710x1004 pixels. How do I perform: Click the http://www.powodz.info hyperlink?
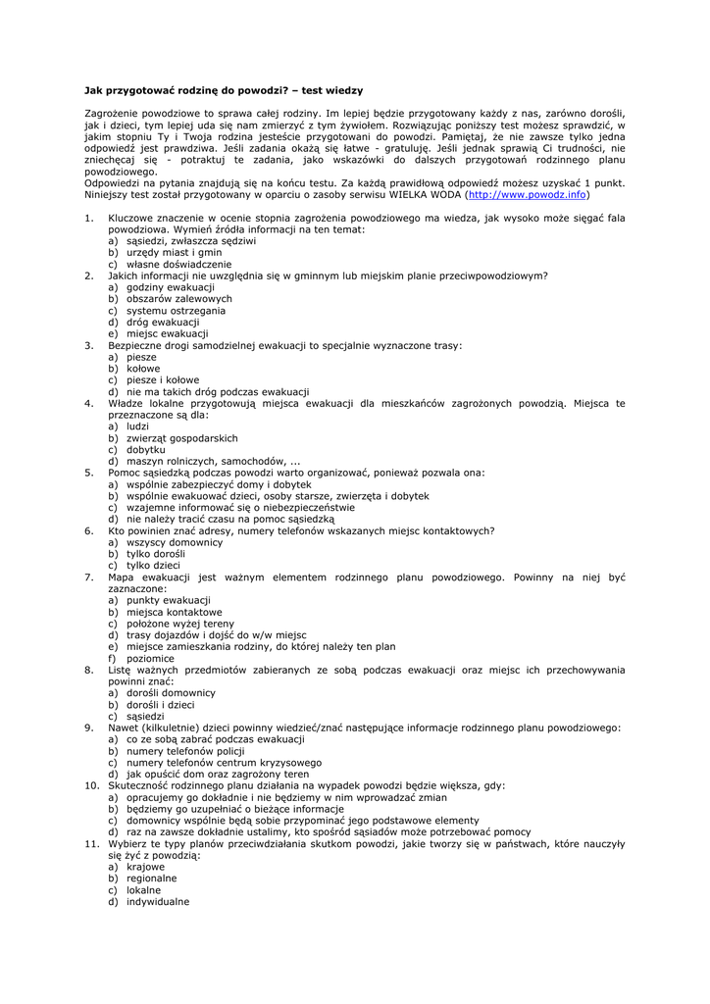(527, 194)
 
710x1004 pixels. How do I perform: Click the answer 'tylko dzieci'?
(153, 565)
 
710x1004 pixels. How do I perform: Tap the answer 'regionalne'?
(151, 878)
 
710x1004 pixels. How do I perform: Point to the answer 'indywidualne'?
(157, 902)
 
